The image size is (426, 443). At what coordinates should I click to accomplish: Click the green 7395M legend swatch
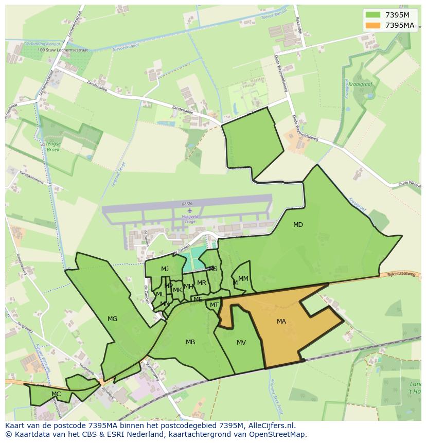[373, 15]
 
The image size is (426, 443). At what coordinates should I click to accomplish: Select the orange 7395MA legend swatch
[373, 25]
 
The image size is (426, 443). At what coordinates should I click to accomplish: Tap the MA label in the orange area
[281, 322]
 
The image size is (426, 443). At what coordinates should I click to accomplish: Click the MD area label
[298, 225]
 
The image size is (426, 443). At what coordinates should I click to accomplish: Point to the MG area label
[112, 319]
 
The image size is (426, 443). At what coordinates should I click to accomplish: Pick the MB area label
[190, 342]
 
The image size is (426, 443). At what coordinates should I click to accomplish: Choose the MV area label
[241, 343]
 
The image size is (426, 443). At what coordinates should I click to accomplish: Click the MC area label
[56, 394]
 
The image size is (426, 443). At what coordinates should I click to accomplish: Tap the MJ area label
[165, 269]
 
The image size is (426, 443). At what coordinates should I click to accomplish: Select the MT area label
[214, 305]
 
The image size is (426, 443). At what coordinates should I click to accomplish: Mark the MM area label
[243, 279]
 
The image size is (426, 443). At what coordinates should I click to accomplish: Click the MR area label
[202, 283]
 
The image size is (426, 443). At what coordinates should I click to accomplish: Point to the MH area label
[188, 287]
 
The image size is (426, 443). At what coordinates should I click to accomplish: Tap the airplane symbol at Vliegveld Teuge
[190, 210]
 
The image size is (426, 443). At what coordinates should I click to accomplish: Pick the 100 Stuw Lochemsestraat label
[63, 50]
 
